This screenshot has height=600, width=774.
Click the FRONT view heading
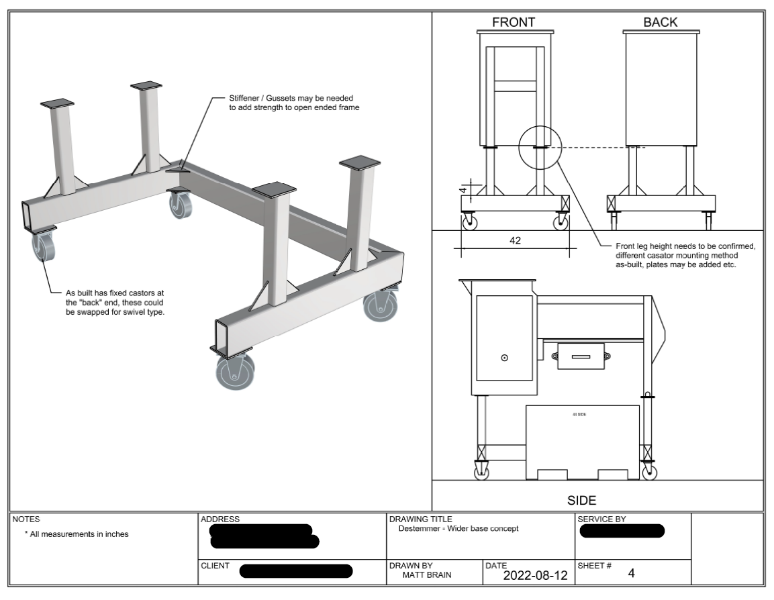coord(514,22)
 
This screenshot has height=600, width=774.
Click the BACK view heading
coord(660,22)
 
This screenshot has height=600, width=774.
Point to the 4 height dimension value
coord(463,190)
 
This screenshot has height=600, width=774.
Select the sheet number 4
coord(630,573)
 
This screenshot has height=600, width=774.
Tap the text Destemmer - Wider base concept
coord(458,529)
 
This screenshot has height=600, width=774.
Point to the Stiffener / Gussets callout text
coord(295,103)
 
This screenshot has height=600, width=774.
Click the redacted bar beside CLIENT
coord(296,572)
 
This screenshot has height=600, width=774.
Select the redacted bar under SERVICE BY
coord(622,532)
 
